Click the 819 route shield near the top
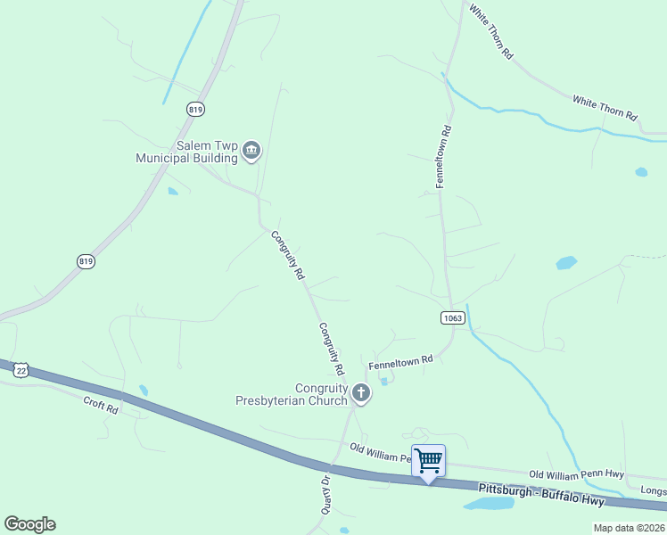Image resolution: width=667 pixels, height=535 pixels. tap(196, 109)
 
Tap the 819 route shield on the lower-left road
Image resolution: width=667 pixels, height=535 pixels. tap(86, 261)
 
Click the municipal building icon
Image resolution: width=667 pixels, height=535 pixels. tap(251, 152)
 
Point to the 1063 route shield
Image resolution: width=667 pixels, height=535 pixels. tap(452, 317)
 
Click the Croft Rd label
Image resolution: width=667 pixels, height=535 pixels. tap(101, 406)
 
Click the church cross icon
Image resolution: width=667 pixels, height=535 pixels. tap(360, 392)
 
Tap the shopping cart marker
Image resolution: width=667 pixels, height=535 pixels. tap(428, 461)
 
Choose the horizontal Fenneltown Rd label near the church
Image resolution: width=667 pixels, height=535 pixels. tap(400, 362)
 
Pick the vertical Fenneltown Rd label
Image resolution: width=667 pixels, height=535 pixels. tap(443, 156)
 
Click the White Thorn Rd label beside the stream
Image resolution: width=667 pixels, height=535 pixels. tap(605, 109)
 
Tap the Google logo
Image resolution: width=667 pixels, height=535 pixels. tap(29, 524)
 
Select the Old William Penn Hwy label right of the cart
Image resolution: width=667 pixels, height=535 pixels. tap(576, 474)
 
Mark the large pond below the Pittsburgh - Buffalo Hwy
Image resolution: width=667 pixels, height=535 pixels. tap(489, 504)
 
